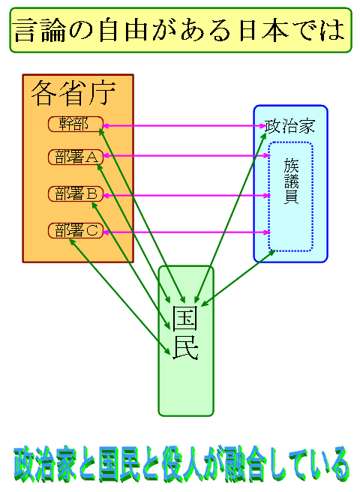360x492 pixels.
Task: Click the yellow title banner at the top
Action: click(x=181, y=30)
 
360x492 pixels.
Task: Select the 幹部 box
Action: click(x=76, y=124)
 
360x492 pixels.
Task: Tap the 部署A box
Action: click(x=76, y=157)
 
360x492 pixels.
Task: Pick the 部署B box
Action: click(x=76, y=194)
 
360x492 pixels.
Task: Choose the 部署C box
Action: click(x=76, y=231)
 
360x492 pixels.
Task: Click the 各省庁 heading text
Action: click(x=73, y=93)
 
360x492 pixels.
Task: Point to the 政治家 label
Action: click(x=289, y=127)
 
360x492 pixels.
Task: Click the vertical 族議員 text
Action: click(x=292, y=181)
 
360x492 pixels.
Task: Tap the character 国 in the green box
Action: click(x=185, y=319)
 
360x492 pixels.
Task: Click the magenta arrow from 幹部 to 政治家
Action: click(x=184, y=126)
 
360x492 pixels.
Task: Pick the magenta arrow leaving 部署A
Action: click(x=187, y=156)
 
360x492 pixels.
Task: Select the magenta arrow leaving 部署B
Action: click(x=187, y=196)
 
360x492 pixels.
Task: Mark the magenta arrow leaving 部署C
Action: click(x=187, y=232)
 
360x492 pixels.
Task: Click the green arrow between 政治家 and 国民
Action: click(x=230, y=218)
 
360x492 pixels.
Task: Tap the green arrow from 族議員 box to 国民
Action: click(x=238, y=278)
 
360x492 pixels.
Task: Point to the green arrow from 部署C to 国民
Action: click(x=119, y=296)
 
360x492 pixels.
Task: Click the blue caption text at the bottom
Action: click(x=181, y=463)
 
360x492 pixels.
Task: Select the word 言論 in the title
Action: click(x=40, y=31)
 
